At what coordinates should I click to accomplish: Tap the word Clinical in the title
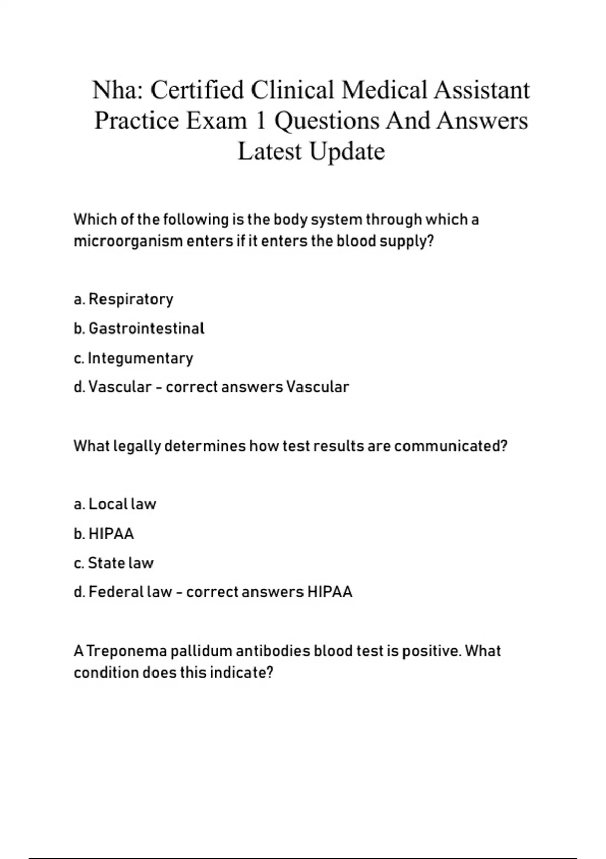pos(292,90)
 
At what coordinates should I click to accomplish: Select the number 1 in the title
pos(260,121)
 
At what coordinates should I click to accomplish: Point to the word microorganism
pos(128,241)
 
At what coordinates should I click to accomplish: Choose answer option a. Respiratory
pos(123,299)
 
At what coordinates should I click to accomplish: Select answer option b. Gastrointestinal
pos(139,328)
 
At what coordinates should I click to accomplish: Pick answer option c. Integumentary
pos(133,358)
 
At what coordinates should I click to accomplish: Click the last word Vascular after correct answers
pos(318,387)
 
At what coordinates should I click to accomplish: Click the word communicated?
pos(450,446)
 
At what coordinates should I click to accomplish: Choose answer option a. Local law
pos(115,504)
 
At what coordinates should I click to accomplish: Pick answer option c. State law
pos(113,563)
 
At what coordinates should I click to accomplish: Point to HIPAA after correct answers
pos(330,592)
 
